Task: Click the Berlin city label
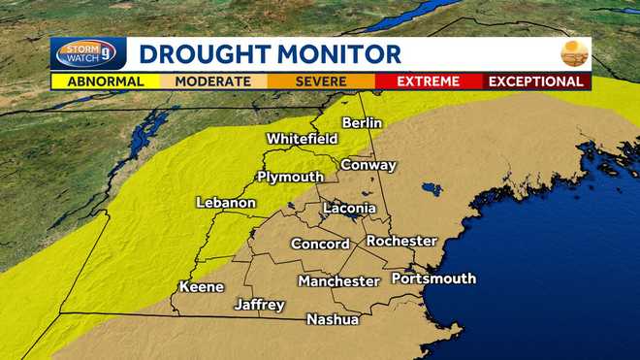click(x=362, y=123)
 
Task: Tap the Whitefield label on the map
click(x=302, y=139)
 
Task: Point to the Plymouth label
click(x=290, y=177)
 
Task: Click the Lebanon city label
click(x=226, y=203)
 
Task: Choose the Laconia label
click(x=349, y=209)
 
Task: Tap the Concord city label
click(x=320, y=245)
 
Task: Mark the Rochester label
click(x=401, y=241)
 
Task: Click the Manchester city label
click(x=338, y=281)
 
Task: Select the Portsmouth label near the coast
click(x=433, y=278)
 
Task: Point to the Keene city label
click(x=202, y=287)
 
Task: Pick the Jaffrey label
click(x=260, y=305)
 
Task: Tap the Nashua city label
click(x=333, y=319)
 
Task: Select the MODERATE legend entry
click(x=212, y=82)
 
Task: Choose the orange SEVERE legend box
click(x=321, y=82)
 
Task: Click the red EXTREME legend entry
click(x=429, y=82)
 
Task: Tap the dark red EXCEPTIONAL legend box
click(x=536, y=82)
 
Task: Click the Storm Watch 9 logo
click(x=88, y=53)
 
